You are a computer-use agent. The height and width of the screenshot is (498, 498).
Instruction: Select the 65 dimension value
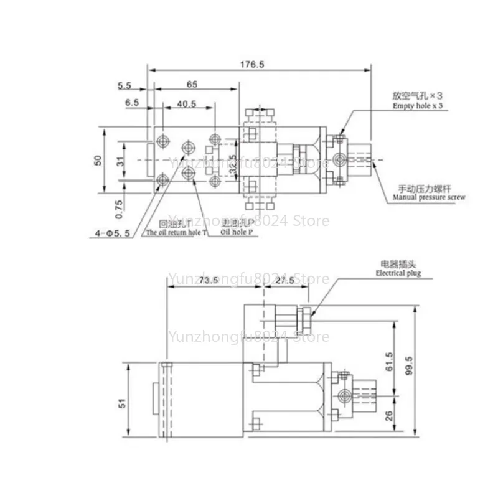pos(192,83)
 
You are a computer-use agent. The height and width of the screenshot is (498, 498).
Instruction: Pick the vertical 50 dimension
pos(98,159)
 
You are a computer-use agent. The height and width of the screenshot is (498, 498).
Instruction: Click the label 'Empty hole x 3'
pos(417,106)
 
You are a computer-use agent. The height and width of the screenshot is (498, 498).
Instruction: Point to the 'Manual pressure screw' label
pos(429,198)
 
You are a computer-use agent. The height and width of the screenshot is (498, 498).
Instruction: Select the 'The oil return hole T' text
pos(176,233)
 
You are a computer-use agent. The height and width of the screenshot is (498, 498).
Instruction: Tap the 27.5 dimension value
pos(286,281)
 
